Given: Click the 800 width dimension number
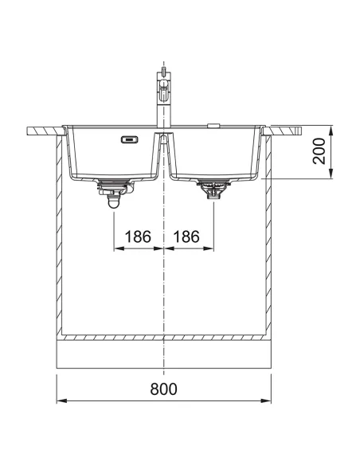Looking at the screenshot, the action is [163, 389].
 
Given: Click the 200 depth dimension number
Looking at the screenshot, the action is [319, 151].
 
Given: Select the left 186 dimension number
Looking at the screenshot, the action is [138, 236].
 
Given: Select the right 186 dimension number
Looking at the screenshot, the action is [186, 236].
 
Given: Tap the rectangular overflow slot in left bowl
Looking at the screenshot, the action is [129, 139].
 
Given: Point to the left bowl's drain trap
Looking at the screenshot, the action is [115, 193].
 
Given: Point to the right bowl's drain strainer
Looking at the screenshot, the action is [213, 189].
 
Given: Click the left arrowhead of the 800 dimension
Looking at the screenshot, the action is [61, 401].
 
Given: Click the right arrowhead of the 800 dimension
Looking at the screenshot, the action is [267, 401].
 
